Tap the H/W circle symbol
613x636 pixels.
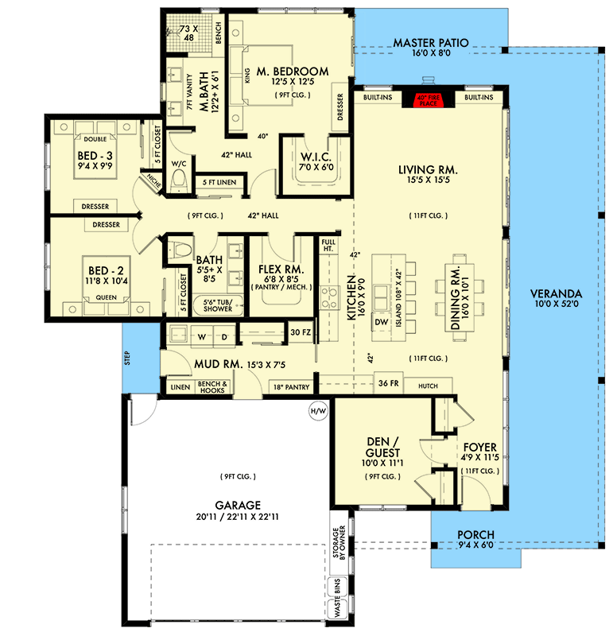pos(316,411)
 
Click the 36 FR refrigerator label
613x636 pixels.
pos(387,384)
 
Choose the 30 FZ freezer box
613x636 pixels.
pos(300,332)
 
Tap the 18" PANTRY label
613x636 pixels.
pos(289,387)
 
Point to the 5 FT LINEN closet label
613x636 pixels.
pos(216,183)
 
